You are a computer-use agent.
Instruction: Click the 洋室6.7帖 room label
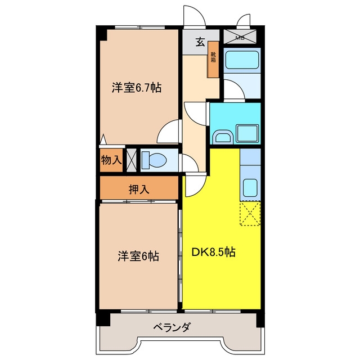click(x=136, y=88)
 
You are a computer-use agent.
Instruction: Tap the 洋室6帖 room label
click(x=138, y=256)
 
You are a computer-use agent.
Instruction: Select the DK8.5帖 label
click(x=214, y=252)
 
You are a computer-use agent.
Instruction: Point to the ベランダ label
click(x=172, y=327)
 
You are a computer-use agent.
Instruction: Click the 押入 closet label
click(x=139, y=190)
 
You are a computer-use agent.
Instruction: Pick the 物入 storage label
click(x=111, y=160)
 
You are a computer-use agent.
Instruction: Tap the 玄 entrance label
click(x=200, y=42)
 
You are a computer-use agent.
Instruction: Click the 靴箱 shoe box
click(x=214, y=60)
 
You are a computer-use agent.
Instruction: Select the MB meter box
click(x=240, y=37)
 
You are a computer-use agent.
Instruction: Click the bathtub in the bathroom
click(x=242, y=60)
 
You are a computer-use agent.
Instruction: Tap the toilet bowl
click(x=154, y=160)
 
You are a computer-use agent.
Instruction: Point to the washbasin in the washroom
click(x=223, y=137)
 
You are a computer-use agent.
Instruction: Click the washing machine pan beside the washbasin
click(x=247, y=133)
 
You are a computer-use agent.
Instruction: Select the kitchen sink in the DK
click(x=250, y=188)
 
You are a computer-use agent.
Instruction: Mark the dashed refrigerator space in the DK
click(x=250, y=214)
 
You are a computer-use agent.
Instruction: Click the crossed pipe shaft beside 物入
click(x=132, y=160)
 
